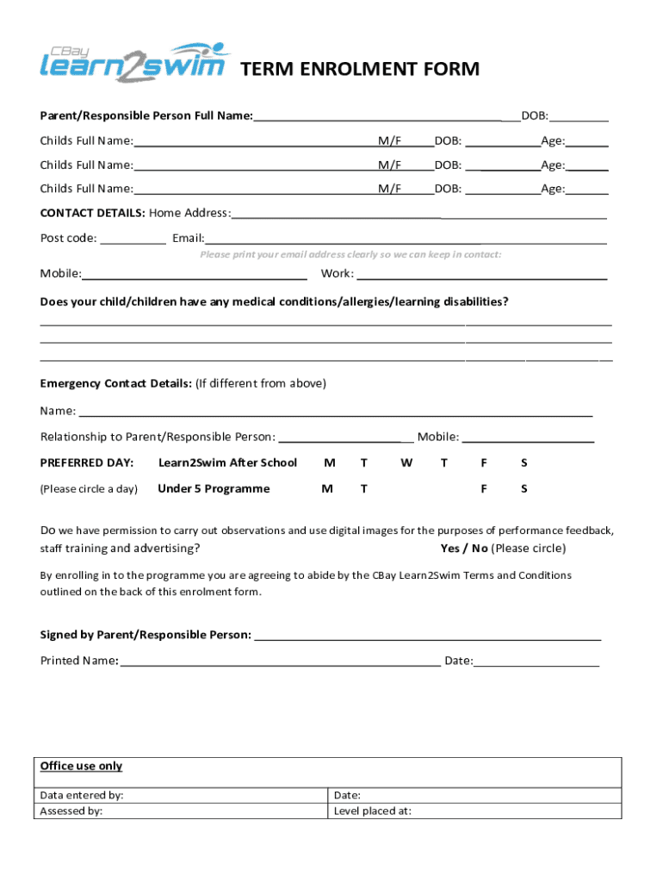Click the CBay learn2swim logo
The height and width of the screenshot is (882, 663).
tap(136, 62)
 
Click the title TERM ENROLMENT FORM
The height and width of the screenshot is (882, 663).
tap(359, 69)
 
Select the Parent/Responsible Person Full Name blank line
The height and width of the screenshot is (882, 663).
tap(379, 116)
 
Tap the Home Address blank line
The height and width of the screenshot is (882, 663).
tap(418, 214)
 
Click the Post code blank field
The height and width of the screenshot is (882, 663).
tap(133, 239)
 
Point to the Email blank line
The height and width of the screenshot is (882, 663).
tap(405, 239)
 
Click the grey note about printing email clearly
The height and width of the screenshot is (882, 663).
tap(350, 254)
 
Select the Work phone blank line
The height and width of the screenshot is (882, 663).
tap(481, 275)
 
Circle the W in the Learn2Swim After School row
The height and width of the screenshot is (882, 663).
tap(406, 463)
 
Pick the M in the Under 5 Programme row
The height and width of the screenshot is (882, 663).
tap(327, 488)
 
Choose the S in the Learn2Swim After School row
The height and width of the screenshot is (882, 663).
tap(524, 463)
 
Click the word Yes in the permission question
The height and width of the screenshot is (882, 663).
tap(449, 548)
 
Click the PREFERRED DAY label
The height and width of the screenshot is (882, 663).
tap(87, 463)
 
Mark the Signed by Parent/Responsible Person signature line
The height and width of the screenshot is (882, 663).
tap(427, 636)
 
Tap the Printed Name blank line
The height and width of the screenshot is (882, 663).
tap(280, 661)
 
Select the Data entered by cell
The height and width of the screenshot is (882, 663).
tap(181, 795)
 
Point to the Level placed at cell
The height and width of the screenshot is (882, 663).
tap(475, 811)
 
